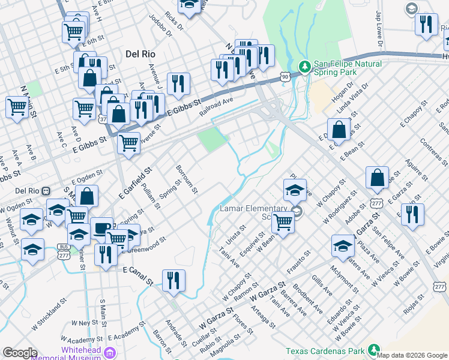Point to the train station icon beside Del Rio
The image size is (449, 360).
pyautogui.click(x=45, y=191)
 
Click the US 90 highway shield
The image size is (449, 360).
pyautogui.click(x=285, y=77)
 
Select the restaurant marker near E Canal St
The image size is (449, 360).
pyautogui.click(x=173, y=280)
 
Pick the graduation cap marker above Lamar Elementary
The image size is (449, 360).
pyautogui.click(x=295, y=190)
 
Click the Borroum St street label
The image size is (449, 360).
pyautogui.click(x=186, y=179)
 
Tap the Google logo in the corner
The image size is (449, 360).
pyautogui.click(x=19, y=353)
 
